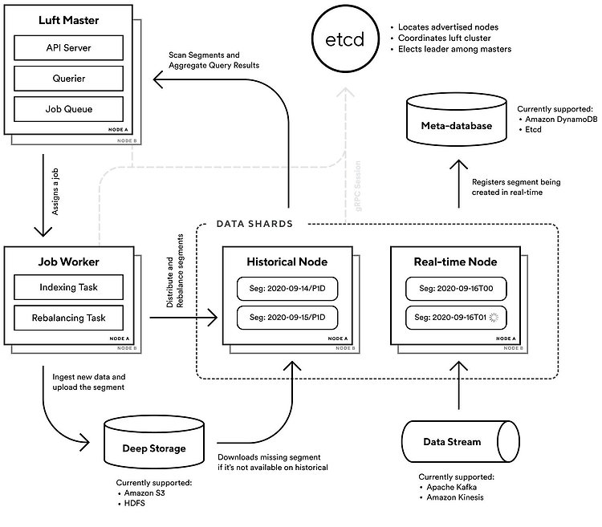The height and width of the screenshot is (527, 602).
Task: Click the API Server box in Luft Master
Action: click(x=69, y=48)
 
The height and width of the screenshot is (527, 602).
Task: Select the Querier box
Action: click(x=69, y=79)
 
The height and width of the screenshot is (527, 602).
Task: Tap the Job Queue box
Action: click(x=69, y=109)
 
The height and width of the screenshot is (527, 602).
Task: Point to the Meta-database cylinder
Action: click(x=456, y=120)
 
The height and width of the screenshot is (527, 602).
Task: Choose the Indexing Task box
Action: click(x=69, y=287)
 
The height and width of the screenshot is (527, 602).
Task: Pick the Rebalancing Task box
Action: click(x=69, y=318)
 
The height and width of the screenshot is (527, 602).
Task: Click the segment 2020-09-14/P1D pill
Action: click(x=287, y=289)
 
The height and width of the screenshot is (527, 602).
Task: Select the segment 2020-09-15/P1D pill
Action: click(x=287, y=318)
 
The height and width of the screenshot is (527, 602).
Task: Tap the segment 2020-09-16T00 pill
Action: click(x=456, y=289)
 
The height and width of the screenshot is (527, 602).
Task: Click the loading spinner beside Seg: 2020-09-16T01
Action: click(x=494, y=317)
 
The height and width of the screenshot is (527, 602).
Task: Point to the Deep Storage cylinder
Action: click(x=154, y=443)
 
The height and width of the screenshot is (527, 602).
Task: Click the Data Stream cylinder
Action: click(x=461, y=441)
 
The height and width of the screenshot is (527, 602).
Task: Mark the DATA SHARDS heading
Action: click(x=254, y=224)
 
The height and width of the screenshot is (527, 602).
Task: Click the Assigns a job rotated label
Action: click(x=55, y=192)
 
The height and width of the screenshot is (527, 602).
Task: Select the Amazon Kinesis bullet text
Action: click(x=455, y=497)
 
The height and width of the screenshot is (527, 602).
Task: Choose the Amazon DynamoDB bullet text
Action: click(x=561, y=120)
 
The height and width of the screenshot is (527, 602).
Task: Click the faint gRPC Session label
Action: click(x=358, y=186)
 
